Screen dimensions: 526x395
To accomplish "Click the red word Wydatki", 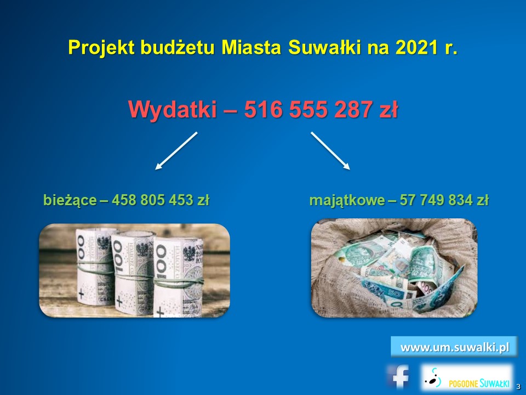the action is pos(173,110).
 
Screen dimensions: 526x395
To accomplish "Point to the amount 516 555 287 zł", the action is pos(321,110).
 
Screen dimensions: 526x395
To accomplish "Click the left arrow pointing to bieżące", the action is pos(176,151).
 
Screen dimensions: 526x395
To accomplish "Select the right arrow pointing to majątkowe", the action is pos(330,151).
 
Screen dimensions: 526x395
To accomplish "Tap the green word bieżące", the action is pos(70,201).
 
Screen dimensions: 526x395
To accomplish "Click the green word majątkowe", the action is pos(347,201).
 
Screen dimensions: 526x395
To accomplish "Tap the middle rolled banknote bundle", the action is pos(133,273).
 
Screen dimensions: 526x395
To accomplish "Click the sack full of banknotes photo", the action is pos(394,268).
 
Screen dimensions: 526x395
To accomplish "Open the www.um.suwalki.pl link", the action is pos(454,347).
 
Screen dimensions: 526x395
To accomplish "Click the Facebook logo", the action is pos(399,376).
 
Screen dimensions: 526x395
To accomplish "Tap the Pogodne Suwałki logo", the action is pos(467,377).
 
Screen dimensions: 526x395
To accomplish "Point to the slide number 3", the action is pos(519,387).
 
